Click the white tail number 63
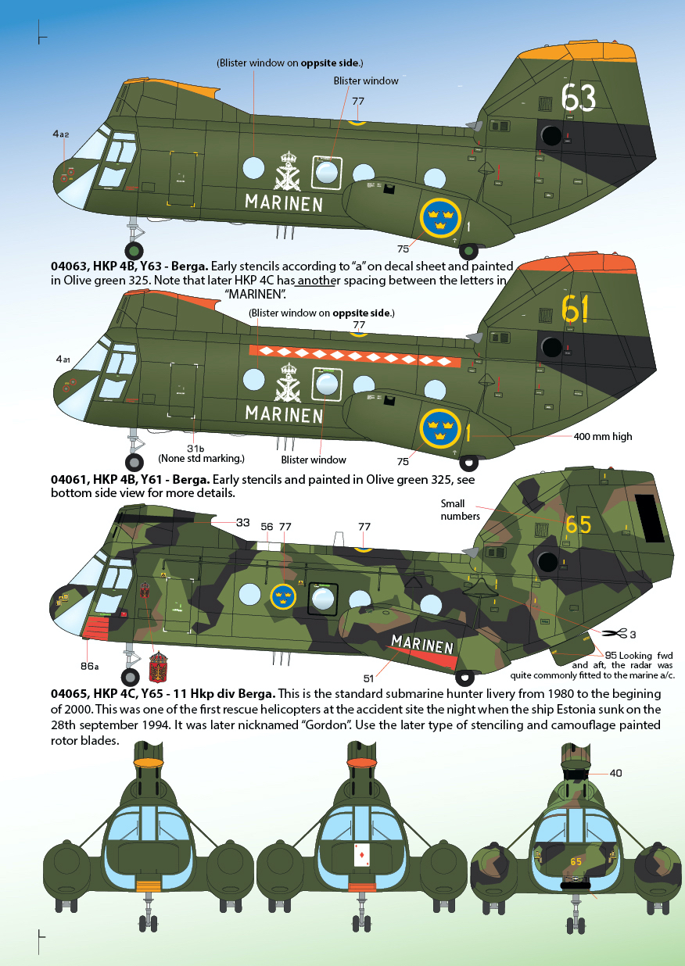point(578,97)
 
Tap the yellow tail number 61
point(575,309)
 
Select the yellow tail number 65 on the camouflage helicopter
point(578,524)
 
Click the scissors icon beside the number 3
point(615,634)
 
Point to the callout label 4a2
point(61,134)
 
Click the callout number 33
point(243,522)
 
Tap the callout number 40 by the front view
point(615,773)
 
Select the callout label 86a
point(89,666)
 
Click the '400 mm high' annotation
point(603,436)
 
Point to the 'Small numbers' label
point(460,510)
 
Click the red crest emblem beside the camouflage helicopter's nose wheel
point(158,667)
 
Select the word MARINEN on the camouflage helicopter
point(422,644)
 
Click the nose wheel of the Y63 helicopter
point(134,251)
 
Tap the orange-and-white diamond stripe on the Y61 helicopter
point(355,356)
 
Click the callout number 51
point(368,678)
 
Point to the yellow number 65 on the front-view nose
point(576,861)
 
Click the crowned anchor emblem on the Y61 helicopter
point(287,383)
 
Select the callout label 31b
point(195,449)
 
